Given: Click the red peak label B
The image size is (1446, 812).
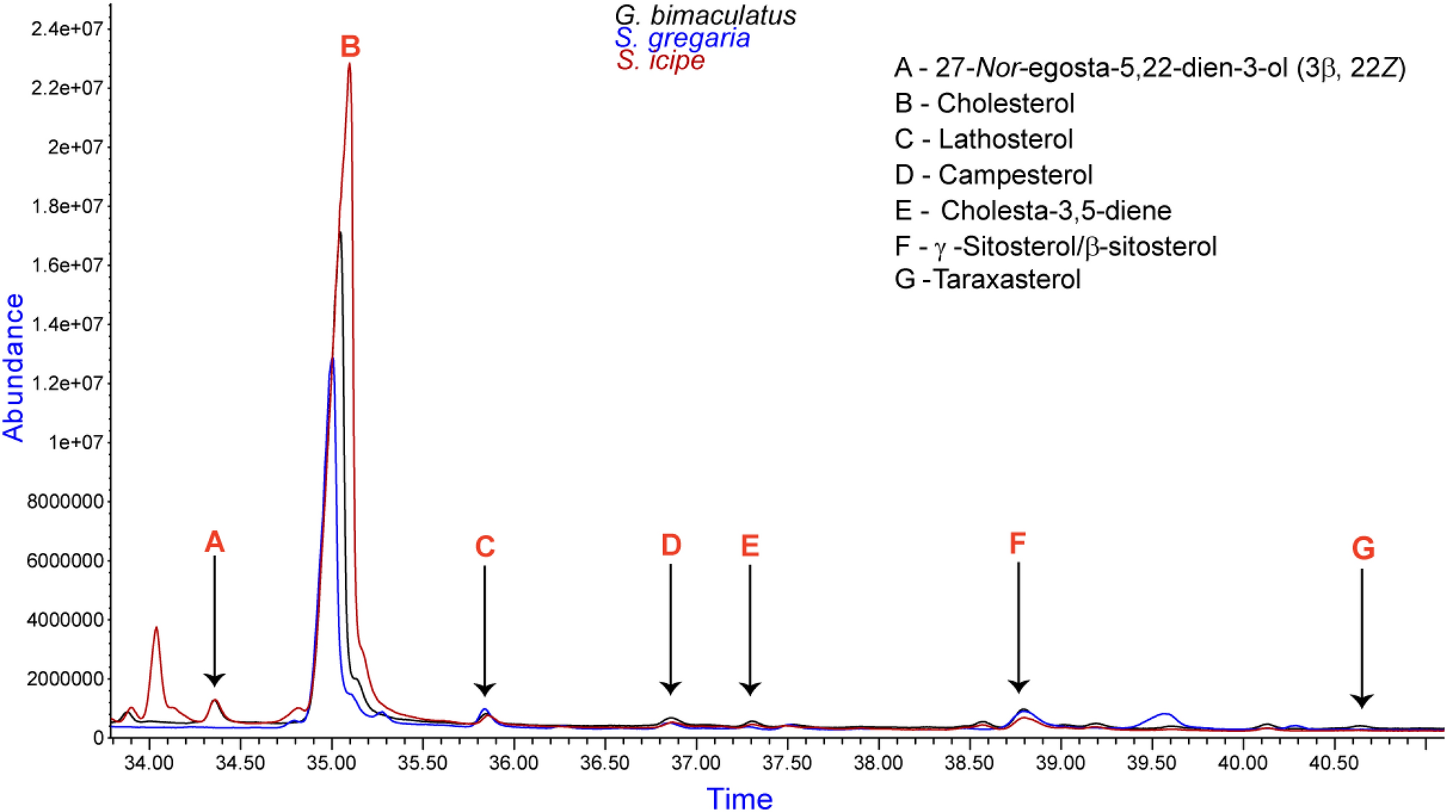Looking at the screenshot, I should click(x=350, y=47).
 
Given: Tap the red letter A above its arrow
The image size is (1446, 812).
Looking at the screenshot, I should click(x=214, y=542).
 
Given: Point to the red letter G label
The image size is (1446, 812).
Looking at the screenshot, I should click(x=1363, y=549).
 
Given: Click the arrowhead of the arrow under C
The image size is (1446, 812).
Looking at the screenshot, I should click(x=485, y=689).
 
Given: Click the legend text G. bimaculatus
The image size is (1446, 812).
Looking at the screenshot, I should click(x=705, y=15).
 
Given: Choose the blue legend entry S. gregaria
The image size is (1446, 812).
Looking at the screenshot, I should click(x=682, y=37).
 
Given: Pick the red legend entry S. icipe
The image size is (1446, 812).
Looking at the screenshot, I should click(x=660, y=60).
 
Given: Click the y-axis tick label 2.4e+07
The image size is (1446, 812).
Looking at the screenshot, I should click(x=67, y=29).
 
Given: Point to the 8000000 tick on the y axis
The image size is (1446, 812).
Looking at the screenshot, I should click(x=65, y=502).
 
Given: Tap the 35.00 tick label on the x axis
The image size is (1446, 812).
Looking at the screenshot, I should click(x=331, y=763).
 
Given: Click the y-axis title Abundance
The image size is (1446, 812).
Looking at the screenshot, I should click(x=14, y=367).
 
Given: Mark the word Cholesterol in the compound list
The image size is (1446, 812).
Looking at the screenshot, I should click(x=1005, y=104).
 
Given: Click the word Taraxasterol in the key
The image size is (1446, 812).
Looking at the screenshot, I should click(x=1007, y=279).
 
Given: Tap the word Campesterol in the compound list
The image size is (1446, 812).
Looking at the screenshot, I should click(x=1015, y=175).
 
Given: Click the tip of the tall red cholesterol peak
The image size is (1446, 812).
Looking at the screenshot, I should click(x=349, y=64).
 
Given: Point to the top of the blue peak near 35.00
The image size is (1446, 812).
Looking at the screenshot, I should click(x=331, y=358).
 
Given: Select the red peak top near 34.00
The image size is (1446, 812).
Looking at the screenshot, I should click(x=156, y=628).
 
